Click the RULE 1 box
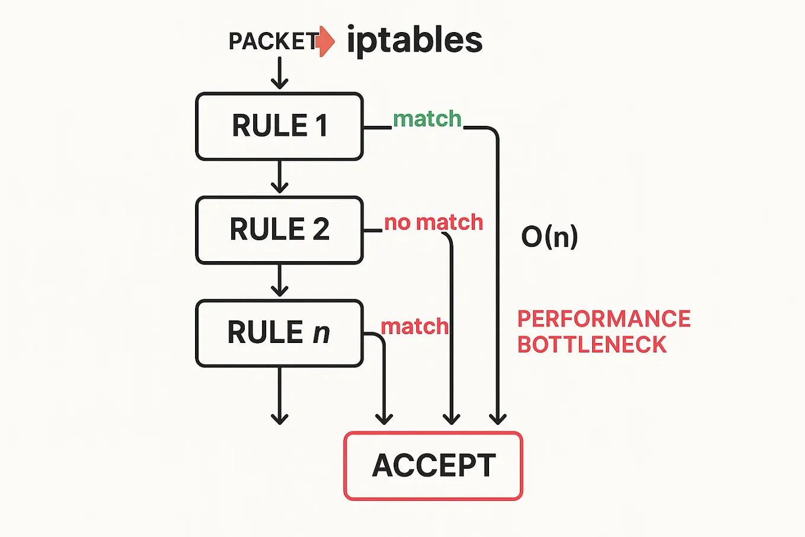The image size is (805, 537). click(279, 126)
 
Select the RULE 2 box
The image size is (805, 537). click(279, 230)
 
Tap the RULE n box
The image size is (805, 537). click(279, 333)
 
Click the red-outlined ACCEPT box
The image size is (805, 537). click(433, 466)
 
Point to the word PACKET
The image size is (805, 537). click(273, 42)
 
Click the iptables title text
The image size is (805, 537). click(414, 40)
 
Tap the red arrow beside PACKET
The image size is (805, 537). click(327, 42)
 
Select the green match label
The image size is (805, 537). click(427, 119)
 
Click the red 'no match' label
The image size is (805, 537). click(433, 223)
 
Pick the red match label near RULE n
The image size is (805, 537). click(414, 326)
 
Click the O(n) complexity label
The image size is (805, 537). click(550, 236)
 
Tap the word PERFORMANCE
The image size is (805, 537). click(603, 319)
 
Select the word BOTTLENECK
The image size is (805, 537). click(592, 345)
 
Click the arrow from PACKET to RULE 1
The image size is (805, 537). click(279, 74)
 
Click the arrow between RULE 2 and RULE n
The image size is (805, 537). click(279, 281)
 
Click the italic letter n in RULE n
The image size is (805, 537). click(321, 333)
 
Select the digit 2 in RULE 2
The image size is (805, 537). click(321, 230)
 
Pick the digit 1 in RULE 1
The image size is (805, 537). click(321, 126)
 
